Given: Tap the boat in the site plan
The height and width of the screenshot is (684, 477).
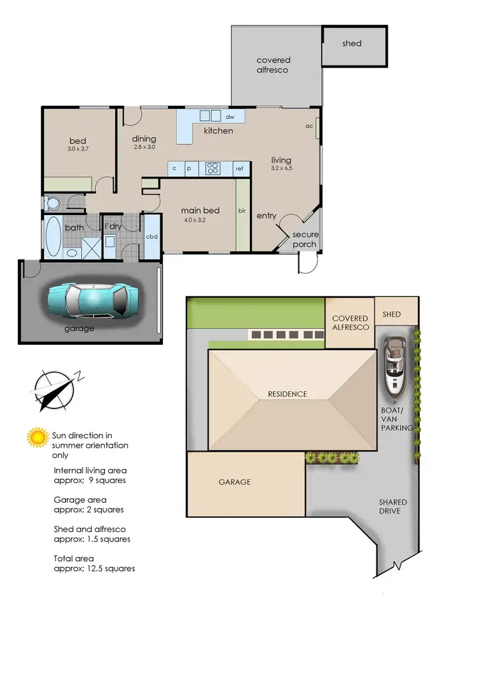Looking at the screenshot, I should (x=396, y=365).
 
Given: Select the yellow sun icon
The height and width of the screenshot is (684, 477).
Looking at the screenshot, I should (x=38, y=437).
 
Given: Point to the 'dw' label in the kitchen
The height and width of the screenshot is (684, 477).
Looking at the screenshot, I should (x=230, y=117).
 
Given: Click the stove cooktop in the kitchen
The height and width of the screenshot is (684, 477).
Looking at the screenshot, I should (x=213, y=169).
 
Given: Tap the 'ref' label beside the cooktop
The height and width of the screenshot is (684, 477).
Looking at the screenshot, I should (x=240, y=169).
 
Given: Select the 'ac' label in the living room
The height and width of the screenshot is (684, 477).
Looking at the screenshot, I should (x=310, y=126).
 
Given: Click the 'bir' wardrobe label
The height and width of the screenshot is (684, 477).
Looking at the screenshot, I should (x=242, y=211).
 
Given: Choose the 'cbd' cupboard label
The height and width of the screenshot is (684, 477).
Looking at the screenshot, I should (x=152, y=237).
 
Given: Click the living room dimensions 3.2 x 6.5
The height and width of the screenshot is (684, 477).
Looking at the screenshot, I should (x=280, y=169).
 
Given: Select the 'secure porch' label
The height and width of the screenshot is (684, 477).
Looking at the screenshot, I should (x=305, y=239).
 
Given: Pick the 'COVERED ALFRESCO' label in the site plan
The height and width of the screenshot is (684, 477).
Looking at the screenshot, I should (x=349, y=323).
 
